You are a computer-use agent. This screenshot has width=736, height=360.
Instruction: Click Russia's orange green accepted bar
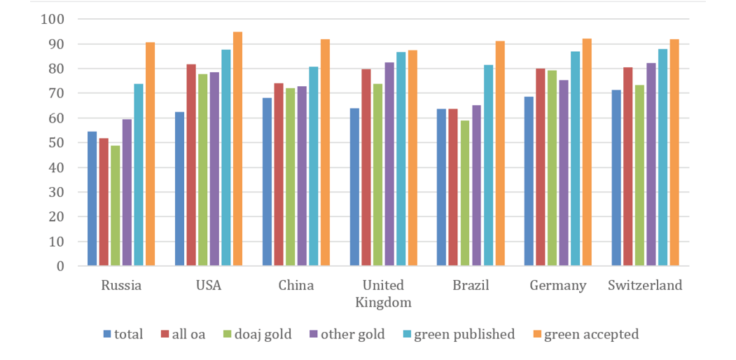[151, 154]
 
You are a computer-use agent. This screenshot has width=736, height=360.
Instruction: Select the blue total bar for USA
[179, 189]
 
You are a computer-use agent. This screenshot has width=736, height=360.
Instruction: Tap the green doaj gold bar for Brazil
[465, 193]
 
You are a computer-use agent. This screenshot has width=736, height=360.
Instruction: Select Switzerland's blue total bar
[616, 178]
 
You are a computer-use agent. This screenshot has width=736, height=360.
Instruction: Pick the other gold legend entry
[346, 335]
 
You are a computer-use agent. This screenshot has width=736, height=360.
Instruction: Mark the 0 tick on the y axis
[60, 266]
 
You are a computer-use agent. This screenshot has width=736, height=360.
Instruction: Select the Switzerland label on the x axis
[645, 286]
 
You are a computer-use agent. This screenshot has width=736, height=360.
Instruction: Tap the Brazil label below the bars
[471, 286]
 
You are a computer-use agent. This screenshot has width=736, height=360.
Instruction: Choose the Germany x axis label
[558, 286]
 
